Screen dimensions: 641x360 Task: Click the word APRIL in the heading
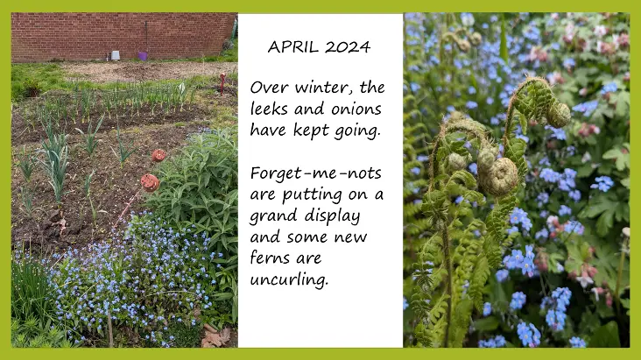pyautogui.click(x=292, y=46)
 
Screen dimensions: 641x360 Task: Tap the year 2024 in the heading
pyautogui.click(x=348, y=46)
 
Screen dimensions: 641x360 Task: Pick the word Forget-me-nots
pyautogui.click(x=316, y=173)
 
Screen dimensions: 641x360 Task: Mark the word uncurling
pyautogui.click(x=289, y=279)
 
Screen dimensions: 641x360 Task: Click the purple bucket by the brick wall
pyautogui.click(x=143, y=56)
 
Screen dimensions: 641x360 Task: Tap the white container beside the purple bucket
pyautogui.click(x=116, y=56)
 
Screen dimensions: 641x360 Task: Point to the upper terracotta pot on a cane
pyautogui.click(x=158, y=155)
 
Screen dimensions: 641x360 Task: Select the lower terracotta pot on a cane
pyautogui.click(x=150, y=182)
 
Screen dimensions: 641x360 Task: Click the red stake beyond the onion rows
pyautogui.click(x=222, y=82)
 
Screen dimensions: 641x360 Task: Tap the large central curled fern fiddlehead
pyautogui.click(x=499, y=176)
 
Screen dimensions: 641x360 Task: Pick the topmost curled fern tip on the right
pyautogui.click(x=558, y=115)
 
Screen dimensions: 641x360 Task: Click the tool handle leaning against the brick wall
pyautogui.click(x=146, y=37)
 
